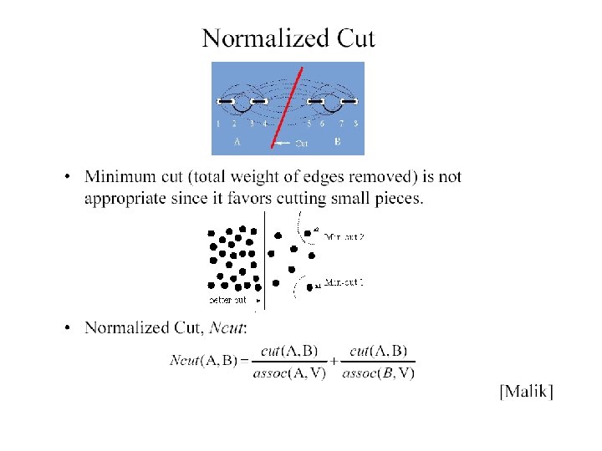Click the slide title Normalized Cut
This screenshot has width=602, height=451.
point(288,38)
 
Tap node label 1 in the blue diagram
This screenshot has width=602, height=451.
point(218,124)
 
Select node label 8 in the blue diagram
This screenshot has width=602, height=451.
point(356,124)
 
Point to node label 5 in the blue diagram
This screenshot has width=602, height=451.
point(309,124)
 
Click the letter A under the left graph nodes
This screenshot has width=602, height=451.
point(237,142)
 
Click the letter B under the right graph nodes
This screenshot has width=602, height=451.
point(337,142)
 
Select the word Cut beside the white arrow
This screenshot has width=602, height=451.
point(302,143)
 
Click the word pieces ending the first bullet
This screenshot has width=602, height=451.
point(399,198)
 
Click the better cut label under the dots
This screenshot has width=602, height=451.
point(227,299)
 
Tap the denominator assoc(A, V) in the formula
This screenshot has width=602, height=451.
point(287,372)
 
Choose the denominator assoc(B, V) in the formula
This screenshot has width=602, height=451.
point(378,372)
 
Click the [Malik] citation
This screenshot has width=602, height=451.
point(526,391)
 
